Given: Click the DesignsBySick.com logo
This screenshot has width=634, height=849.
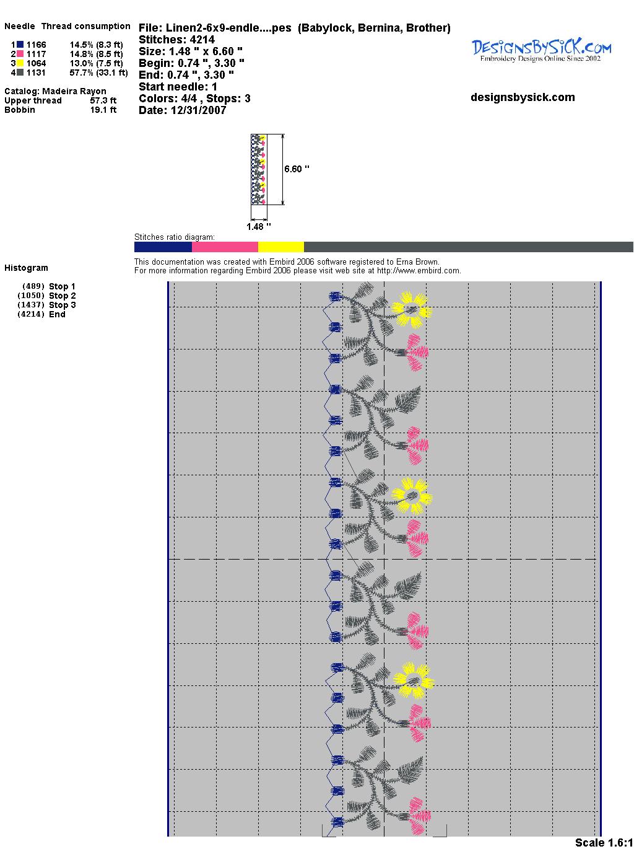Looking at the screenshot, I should point(541,50).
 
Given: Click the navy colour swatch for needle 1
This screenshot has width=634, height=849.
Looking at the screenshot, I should point(20,45).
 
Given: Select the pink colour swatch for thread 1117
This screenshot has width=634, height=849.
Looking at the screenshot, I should point(20,54).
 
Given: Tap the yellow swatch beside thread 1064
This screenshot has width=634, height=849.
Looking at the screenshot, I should point(20,63).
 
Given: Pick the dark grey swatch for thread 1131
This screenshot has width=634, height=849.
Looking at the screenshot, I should point(20,73).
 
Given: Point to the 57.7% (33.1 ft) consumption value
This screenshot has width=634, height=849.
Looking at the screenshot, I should point(99,73).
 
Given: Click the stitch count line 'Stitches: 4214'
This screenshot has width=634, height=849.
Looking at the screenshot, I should point(177,40).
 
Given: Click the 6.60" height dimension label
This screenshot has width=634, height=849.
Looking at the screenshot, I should point(297,169).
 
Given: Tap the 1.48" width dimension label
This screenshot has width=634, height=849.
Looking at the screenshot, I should point(258,227).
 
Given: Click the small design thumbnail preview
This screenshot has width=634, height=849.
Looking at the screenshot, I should point(258,169).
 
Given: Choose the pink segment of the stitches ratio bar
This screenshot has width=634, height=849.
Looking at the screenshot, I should point(225,247).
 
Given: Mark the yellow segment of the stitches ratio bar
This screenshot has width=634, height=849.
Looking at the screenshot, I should point(280,247).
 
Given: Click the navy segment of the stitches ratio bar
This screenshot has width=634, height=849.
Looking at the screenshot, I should point(163,247).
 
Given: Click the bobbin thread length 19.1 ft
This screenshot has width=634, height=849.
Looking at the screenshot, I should point(103,110).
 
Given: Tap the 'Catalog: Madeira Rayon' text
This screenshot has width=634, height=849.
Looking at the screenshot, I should point(55,91).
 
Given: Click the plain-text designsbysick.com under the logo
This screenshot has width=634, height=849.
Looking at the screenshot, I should point(523,97).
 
